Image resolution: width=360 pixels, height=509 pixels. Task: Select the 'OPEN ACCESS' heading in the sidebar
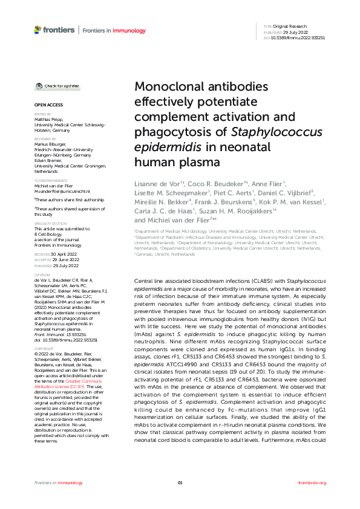click(45, 105)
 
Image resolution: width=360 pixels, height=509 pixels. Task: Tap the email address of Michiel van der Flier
click(57, 190)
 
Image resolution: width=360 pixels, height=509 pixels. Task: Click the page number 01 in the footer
click(180, 482)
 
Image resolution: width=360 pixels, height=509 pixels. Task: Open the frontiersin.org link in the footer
click(312, 482)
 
